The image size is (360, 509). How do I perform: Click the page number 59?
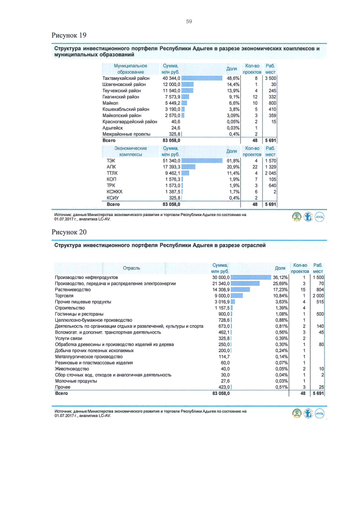click(x=189, y=21)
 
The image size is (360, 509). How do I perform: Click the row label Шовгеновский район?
click(x=125, y=84)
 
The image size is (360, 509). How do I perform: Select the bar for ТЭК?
click(x=206, y=161)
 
